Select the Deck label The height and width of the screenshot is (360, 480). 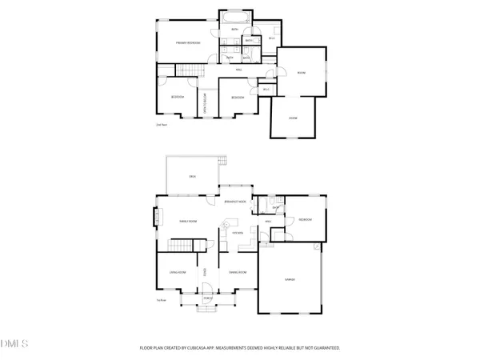pyautogui.click(x=192, y=175)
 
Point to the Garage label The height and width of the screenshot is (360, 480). pyautogui.click(x=290, y=279)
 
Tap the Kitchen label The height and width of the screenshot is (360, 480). pyautogui.click(x=238, y=233)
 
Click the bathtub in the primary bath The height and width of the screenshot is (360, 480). pyautogui.click(x=236, y=17)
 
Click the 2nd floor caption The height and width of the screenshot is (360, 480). pyautogui.click(x=162, y=125)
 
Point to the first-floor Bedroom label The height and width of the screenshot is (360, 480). pyautogui.click(x=304, y=219)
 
